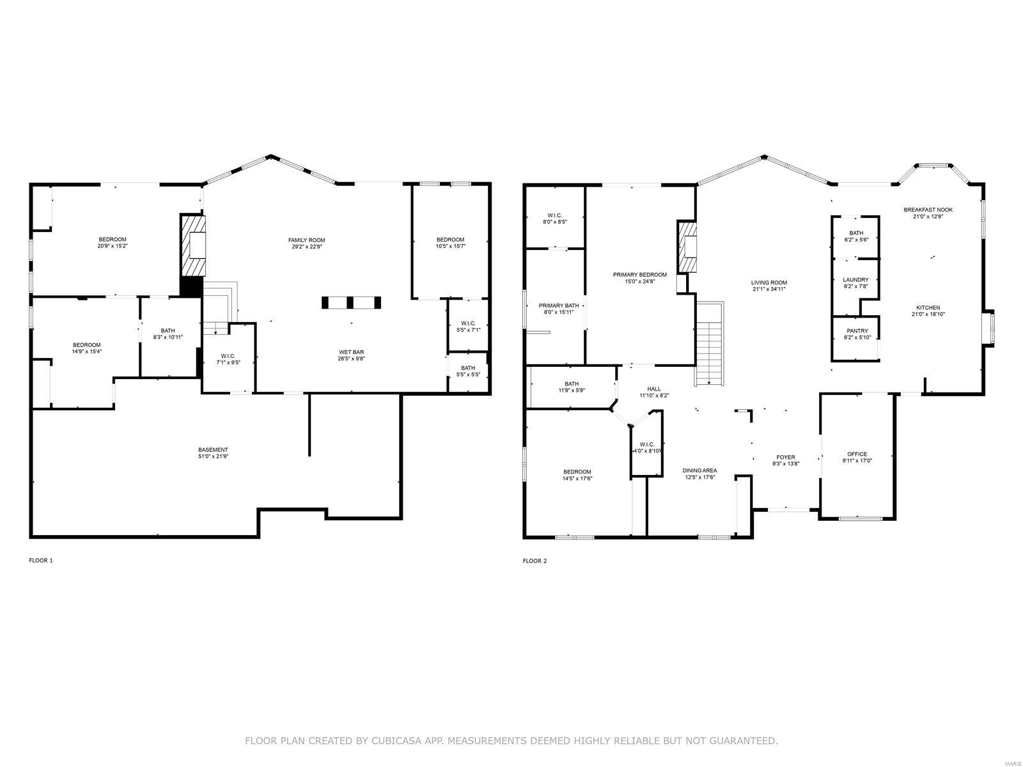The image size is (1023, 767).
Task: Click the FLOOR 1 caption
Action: pos(41,561)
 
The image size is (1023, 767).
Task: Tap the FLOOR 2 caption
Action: pos(535,561)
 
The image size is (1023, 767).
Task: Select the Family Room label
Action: pos(306,240)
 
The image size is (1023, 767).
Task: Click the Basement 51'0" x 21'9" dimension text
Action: pos(213,456)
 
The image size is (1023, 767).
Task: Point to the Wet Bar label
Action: pos(351,352)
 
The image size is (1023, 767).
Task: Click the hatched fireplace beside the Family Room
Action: pos(194,245)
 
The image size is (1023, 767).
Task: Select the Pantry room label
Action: pos(857,331)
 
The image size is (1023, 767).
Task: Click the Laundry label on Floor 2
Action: pos(855,280)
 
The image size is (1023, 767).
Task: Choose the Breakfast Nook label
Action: pos(928,210)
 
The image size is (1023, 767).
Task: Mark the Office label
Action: pos(857,454)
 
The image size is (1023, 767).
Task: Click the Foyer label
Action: pos(785,457)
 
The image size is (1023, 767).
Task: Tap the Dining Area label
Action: pos(699,470)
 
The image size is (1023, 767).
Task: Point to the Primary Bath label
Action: pos(558,306)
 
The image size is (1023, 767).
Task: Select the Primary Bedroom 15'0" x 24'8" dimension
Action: pos(639,281)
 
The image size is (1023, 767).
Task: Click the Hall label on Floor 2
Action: pos(654,389)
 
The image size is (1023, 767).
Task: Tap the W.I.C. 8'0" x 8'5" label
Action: pos(554,215)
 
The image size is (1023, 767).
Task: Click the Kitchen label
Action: pos(928,308)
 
